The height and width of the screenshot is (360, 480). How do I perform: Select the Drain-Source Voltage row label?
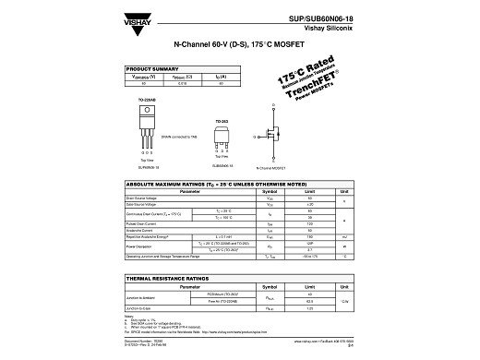click(x=146, y=198)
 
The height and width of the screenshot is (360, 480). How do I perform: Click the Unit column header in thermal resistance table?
click(x=342, y=288)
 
